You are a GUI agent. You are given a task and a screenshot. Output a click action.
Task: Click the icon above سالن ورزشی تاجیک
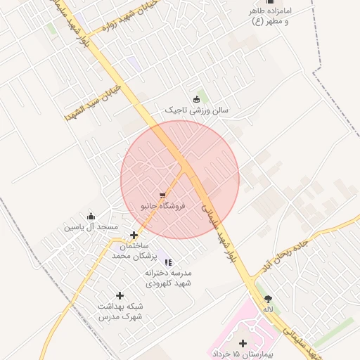(196, 98)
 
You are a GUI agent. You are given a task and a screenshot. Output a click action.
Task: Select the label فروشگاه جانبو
(163, 206)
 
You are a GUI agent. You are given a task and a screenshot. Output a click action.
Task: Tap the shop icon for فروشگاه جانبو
(163, 194)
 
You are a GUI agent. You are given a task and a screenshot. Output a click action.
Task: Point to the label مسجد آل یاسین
(91, 228)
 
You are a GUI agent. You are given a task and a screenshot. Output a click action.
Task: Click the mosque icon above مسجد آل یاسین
(91, 216)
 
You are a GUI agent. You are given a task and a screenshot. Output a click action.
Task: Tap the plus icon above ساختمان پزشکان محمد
(134, 235)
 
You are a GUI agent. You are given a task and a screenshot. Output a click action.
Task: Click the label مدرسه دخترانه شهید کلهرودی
(168, 278)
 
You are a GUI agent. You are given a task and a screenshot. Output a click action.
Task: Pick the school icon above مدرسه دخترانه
(167, 262)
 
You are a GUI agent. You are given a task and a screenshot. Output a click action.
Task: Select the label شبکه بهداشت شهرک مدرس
(120, 311)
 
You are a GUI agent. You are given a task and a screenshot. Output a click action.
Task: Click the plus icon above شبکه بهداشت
(120, 295)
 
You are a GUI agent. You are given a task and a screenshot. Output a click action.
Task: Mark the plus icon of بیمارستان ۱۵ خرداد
(243, 343)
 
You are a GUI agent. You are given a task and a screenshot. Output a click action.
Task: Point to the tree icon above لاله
(267, 298)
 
